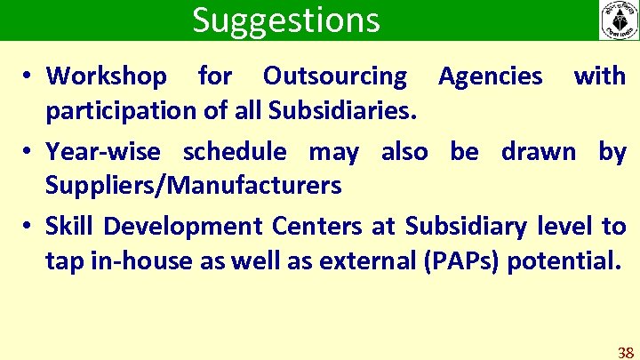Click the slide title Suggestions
pos(285,20)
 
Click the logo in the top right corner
pos(618,20)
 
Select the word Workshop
pos(106,76)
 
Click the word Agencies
pos(490,76)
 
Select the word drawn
pos(538,152)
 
